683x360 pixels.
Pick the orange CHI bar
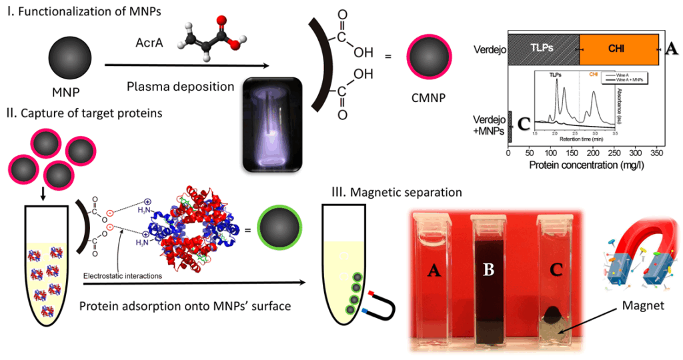(618, 49)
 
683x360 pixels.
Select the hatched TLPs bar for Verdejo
(544, 49)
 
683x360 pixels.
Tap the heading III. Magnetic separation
(397, 193)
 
